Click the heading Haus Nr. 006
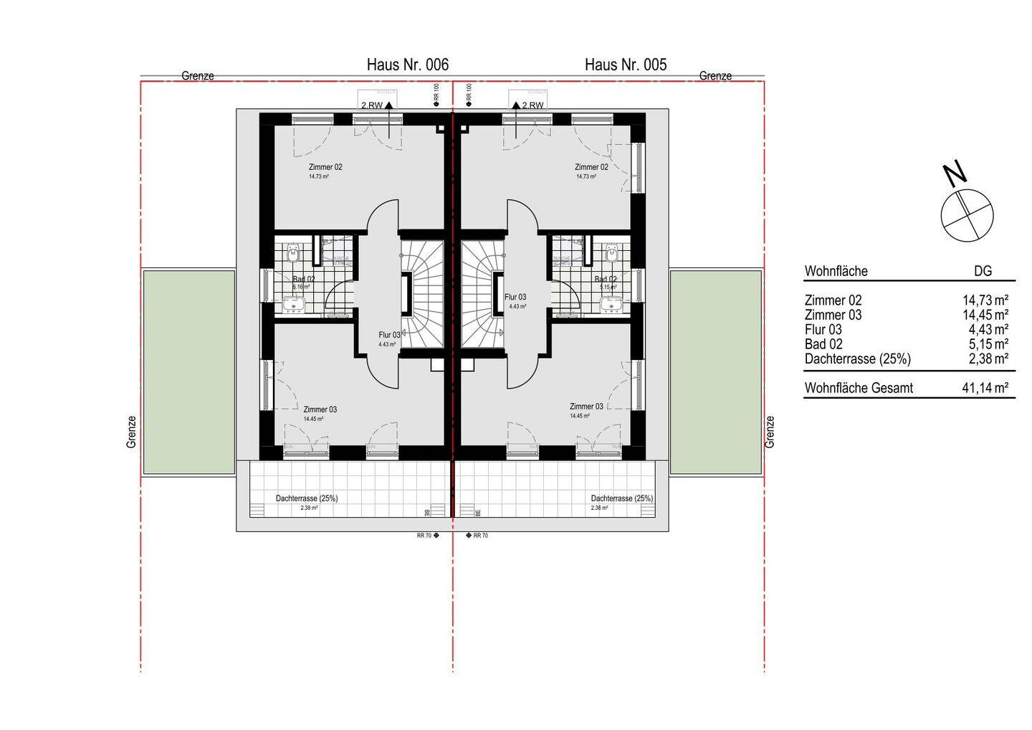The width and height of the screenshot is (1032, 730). [407, 65]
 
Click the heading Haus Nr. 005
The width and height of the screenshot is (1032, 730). [625, 65]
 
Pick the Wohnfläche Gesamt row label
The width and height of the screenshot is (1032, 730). [859, 388]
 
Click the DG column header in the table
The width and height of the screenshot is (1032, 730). [983, 271]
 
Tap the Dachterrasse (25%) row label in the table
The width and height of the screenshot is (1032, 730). [857, 359]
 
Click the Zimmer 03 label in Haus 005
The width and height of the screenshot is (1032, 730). [586, 406]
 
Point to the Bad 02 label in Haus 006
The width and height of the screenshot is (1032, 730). [303, 280]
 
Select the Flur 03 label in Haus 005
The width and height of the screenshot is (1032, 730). [515, 297]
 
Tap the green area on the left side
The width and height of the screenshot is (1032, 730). [188, 371]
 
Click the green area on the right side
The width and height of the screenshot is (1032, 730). [715, 371]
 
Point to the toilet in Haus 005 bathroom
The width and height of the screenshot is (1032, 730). [612, 252]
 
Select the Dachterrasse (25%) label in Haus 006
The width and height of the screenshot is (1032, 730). [307, 498]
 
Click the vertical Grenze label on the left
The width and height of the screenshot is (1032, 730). [131, 432]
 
